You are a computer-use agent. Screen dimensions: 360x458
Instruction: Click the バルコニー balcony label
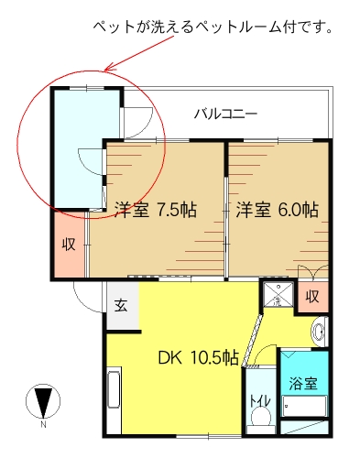coord(226,114)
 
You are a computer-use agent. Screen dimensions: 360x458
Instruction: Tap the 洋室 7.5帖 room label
coord(156,210)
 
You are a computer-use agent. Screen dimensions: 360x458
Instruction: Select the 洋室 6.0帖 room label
coord(277,210)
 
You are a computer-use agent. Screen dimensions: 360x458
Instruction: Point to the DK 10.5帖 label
coord(199,358)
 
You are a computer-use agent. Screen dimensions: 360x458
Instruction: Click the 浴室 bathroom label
coord(303,384)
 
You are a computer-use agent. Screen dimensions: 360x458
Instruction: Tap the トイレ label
coord(260,401)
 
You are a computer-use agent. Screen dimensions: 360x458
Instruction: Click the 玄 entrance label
coord(121,305)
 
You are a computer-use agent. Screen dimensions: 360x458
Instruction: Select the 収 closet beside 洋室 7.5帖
coord(69,245)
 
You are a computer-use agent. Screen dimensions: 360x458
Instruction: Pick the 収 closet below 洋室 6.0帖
coord(312,297)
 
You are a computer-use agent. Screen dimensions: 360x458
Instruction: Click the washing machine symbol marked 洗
coord(278,294)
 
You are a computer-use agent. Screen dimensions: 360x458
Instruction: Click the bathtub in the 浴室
coord(304,406)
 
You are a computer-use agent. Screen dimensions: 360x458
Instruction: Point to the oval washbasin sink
coord(319,332)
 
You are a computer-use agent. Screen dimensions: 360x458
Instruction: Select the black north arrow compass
coord(43,401)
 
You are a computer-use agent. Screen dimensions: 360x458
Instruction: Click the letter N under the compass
coord(43,425)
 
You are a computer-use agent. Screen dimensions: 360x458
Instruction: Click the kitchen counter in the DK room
coord(115,390)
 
